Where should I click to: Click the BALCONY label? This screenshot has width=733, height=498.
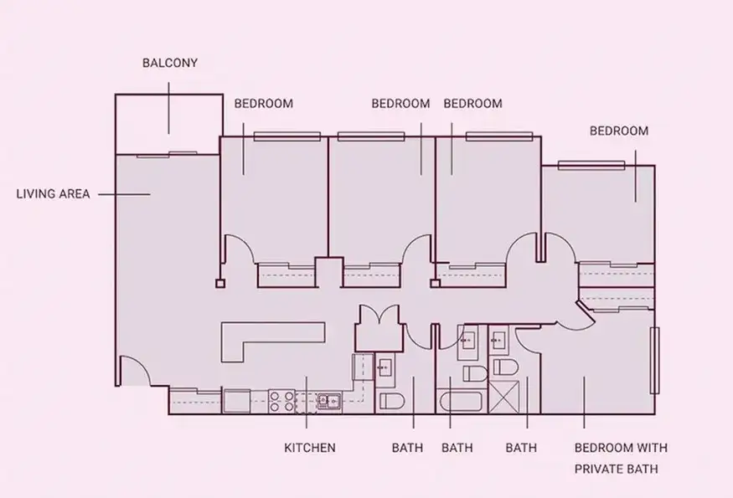pyautogui.click(x=170, y=63)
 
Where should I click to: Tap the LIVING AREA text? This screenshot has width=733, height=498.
pyautogui.click(x=54, y=194)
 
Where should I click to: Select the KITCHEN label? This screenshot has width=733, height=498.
pyautogui.click(x=310, y=448)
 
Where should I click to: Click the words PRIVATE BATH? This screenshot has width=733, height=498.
pyautogui.click(x=616, y=469)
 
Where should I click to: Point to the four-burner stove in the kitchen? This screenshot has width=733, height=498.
pyautogui.click(x=281, y=401)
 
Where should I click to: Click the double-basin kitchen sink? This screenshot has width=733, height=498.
pyautogui.click(x=329, y=401)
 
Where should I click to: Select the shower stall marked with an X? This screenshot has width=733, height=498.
pyautogui.click(x=504, y=397)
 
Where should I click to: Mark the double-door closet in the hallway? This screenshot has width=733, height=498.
pyautogui.click(x=378, y=328)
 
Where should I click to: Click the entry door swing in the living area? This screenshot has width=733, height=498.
pyautogui.click(x=134, y=370)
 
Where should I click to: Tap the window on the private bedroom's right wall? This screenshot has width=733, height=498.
pyautogui.click(x=654, y=360)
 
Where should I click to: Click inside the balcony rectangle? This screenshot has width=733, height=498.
pyautogui.click(x=168, y=124)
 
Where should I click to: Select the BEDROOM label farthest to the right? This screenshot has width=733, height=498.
pyautogui.click(x=619, y=131)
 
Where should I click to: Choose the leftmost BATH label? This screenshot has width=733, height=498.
pyautogui.click(x=407, y=448)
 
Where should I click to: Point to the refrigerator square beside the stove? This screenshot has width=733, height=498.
pyautogui.click(x=236, y=401)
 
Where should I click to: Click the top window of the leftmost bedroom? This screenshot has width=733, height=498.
pyautogui.click(x=287, y=136)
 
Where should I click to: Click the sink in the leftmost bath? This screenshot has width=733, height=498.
pyautogui.click(x=385, y=367)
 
